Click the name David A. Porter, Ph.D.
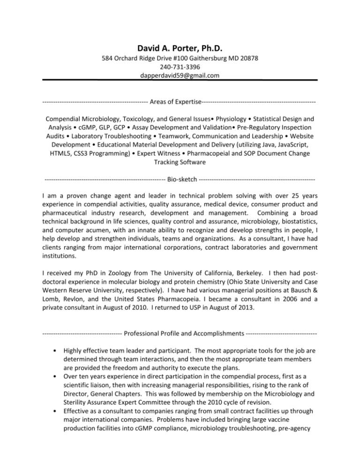point(180,48)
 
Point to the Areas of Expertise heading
point(180,101)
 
